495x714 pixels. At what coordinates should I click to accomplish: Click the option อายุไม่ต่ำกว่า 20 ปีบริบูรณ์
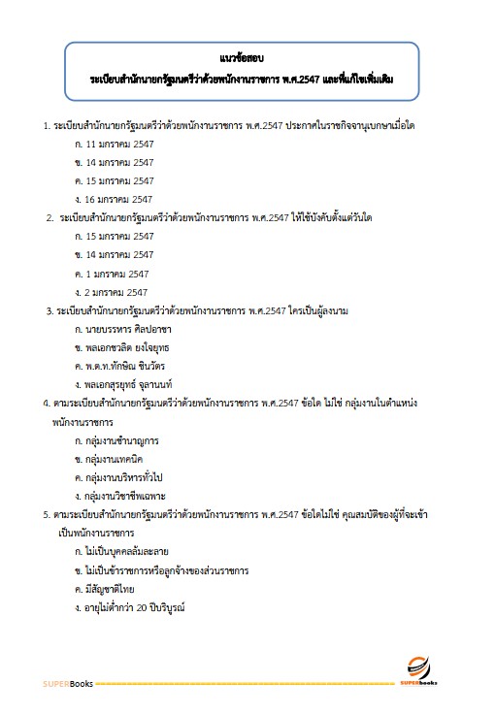click(135, 607)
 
